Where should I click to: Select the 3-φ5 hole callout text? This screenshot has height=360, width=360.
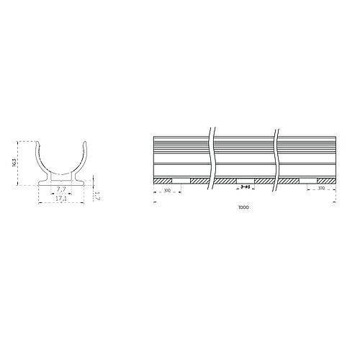tap(246, 187)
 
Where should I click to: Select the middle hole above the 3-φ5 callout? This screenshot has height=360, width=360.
tap(246, 179)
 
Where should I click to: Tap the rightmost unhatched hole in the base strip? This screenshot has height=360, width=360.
tap(309, 179)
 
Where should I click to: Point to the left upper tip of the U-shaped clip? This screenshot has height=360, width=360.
tap(40, 143)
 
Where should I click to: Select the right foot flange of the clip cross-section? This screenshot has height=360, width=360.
tap(81, 179)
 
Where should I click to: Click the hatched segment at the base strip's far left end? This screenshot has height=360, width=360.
tap(162, 179)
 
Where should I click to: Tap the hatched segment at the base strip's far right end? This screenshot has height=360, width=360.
tap(327, 179)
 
